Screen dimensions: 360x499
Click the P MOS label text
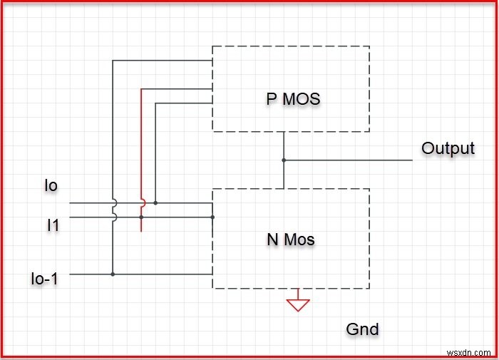coord(293,99)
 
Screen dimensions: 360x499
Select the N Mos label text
coord(291,240)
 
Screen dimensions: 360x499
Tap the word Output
coord(448,148)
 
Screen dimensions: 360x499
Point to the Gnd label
coord(362,329)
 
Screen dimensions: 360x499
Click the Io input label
coord(51,186)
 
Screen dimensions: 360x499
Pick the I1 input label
coord(53,226)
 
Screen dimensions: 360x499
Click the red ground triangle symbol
coord(298,304)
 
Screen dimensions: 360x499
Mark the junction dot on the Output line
coord(284,160)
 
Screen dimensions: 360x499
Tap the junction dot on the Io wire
coord(155,202)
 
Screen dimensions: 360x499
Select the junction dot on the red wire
coord(141,217)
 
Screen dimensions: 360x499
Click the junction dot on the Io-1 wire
coord(113,274)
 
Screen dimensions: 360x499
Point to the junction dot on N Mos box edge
coord(212,217)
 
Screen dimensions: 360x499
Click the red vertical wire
coord(141,143)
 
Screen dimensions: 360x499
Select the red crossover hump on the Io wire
coord(143,202)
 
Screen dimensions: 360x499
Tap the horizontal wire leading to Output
coord(349,160)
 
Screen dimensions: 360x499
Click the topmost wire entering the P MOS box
coord(164,61)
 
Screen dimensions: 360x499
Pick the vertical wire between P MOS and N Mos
coord(284,175)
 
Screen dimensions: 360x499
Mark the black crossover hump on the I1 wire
coord(114,217)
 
